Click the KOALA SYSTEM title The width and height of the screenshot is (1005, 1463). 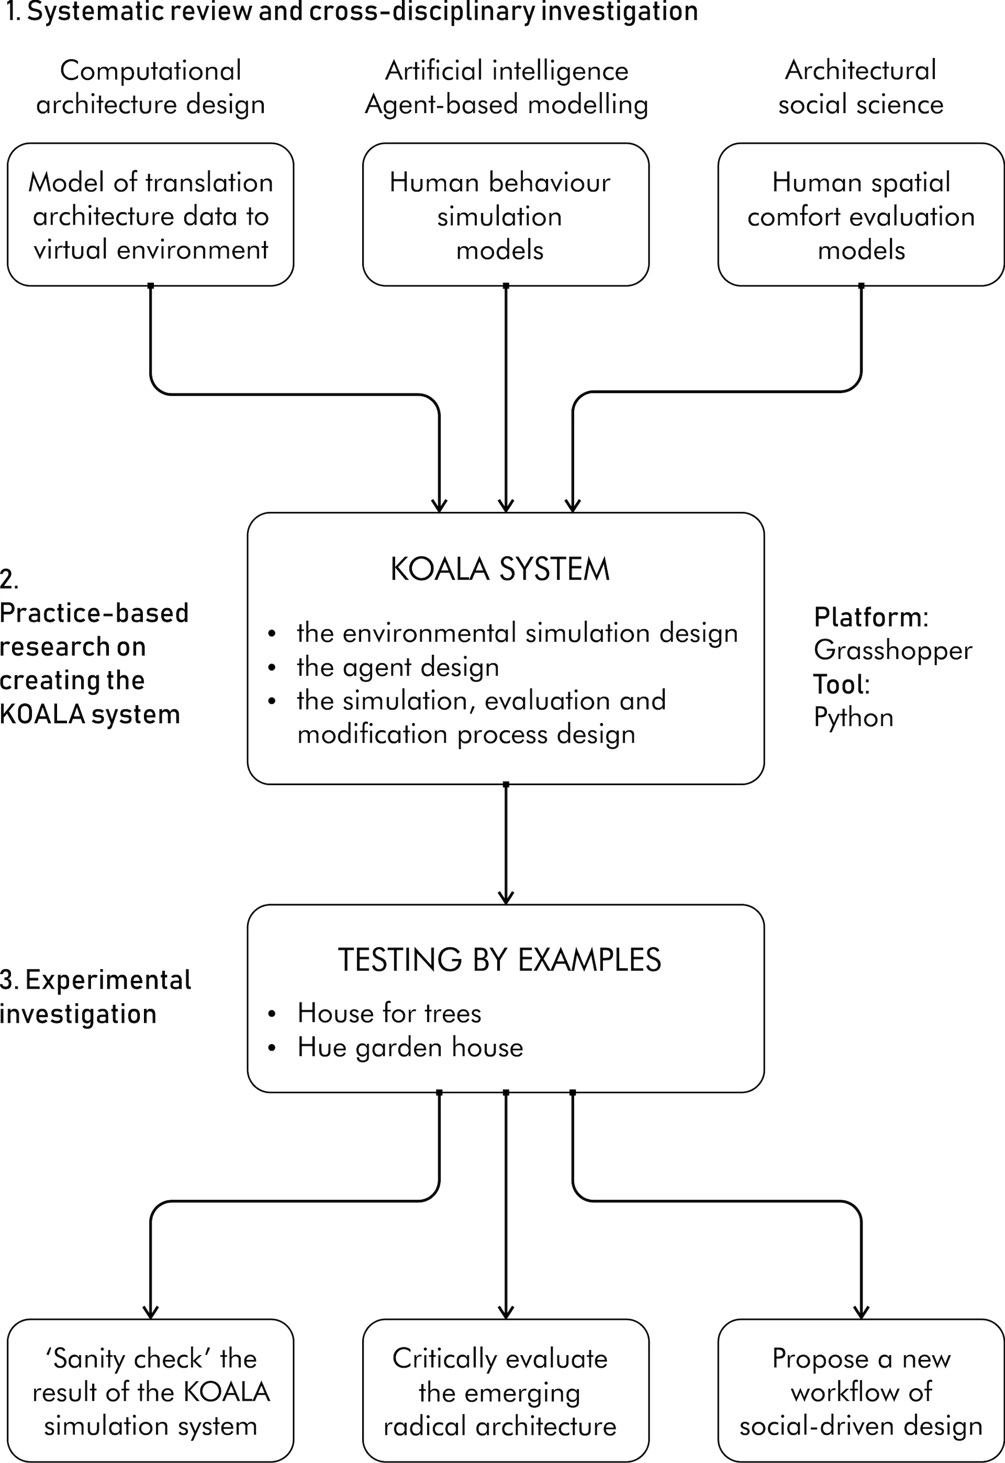[x=500, y=569]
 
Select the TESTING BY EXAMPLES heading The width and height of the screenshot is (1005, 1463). [x=500, y=961]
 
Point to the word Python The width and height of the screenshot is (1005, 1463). [x=853, y=718]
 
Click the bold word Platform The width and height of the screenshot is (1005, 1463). [x=868, y=617]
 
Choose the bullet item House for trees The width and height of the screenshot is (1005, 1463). [x=389, y=1013]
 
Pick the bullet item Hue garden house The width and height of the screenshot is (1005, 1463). [x=410, y=1047]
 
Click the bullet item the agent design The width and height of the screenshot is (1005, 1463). [x=397, y=667]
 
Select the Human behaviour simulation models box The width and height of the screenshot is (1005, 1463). [x=506, y=215]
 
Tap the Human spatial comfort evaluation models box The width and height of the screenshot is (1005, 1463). [x=861, y=215]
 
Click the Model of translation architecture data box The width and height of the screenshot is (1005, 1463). [x=151, y=215]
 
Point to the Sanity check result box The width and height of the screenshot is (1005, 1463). [x=151, y=1391]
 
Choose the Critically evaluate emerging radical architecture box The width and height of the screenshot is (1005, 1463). [x=506, y=1391]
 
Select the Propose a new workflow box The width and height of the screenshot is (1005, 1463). [x=861, y=1391]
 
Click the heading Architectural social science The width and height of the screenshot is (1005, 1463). [x=861, y=87]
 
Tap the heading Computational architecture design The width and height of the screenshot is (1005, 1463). [x=151, y=87]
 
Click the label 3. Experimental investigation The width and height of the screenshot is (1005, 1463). [x=94, y=997]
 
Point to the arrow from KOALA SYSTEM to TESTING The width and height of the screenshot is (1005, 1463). [x=506, y=844]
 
